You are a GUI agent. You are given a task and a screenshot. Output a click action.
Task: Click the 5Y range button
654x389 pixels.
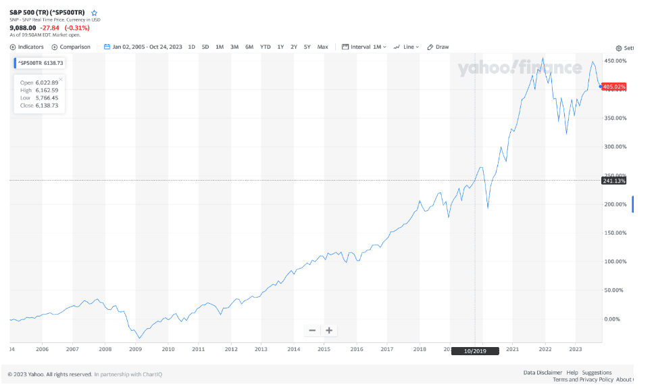(307, 47)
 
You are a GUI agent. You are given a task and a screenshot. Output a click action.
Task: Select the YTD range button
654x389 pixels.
(266, 47)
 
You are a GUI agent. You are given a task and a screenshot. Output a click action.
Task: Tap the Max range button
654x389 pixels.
(323, 47)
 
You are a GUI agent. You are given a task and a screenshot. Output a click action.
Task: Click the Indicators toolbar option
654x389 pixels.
(27, 47)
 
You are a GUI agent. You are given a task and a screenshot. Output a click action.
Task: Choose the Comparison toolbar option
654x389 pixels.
(71, 47)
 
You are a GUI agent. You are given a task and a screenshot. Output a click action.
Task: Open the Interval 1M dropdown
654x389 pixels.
(365, 47)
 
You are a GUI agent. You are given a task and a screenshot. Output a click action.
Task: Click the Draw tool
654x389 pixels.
(438, 47)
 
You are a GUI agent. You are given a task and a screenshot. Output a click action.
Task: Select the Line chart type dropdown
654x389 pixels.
(407, 47)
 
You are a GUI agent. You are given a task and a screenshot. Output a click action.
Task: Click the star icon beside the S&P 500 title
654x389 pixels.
(95, 13)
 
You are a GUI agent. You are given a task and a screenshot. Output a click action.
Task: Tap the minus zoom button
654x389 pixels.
(312, 330)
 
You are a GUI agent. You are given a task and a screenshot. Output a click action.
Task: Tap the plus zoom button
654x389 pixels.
(329, 330)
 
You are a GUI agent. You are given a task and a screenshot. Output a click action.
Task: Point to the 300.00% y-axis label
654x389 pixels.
(615, 147)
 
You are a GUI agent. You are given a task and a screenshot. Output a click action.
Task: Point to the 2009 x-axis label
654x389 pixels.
(136, 350)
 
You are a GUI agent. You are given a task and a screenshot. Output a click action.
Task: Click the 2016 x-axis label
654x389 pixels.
(357, 350)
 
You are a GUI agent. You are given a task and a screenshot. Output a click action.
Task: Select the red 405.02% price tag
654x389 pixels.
(614, 87)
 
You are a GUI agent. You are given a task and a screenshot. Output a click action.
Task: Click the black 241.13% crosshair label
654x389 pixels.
(614, 181)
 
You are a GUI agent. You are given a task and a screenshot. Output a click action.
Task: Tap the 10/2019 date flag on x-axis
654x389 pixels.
(474, 351)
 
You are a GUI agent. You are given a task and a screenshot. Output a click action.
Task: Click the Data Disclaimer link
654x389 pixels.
(543, 373)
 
